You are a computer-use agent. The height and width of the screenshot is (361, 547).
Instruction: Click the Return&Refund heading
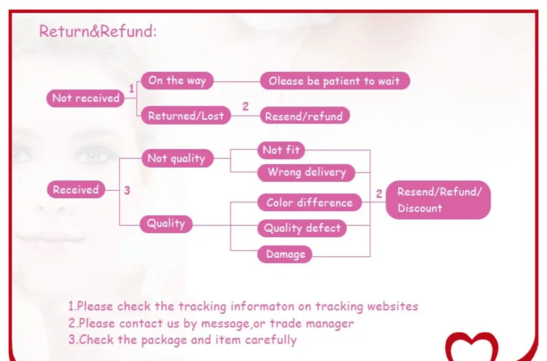98,31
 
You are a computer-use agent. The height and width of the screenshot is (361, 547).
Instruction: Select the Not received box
85,98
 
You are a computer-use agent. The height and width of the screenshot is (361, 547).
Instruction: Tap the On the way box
177,81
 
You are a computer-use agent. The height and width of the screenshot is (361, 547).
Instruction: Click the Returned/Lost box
185,116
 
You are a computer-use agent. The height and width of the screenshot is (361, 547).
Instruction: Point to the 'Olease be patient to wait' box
334,81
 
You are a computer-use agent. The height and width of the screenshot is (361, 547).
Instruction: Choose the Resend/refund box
304,116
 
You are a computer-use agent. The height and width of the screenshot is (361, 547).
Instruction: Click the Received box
76,190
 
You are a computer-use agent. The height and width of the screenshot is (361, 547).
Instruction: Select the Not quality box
176,159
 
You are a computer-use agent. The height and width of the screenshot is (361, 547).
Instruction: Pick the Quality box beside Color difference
166,223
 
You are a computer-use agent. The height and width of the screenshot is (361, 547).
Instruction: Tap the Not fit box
281,150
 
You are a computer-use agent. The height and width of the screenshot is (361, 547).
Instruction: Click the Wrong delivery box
306,172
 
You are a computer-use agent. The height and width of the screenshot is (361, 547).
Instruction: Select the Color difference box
309,202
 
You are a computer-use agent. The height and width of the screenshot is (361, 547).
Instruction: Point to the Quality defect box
302,228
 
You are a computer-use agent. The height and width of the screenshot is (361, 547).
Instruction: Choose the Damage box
285,254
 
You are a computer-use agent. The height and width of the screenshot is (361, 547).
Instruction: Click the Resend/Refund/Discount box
438,200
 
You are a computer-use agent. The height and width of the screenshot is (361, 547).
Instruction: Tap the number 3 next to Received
127,190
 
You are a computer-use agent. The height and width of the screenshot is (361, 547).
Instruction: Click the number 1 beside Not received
132,89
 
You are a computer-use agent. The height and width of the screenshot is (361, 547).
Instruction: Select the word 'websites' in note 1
390,306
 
